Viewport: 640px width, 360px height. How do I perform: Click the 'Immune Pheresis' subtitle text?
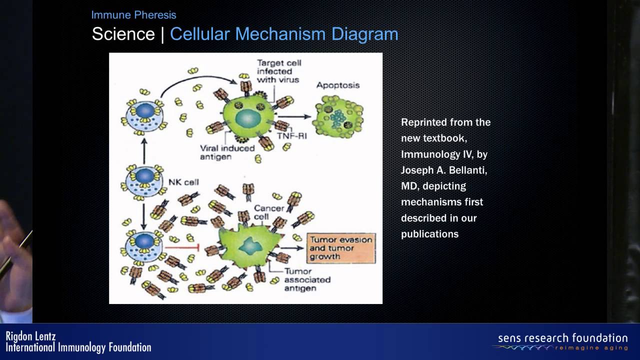tap(133, 15)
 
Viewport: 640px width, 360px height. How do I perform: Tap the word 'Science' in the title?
tap(123, 34)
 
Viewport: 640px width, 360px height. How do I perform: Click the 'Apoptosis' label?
tap(337, 85)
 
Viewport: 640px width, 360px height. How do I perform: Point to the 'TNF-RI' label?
tap(292, 136)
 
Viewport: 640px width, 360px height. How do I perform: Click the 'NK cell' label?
tap(183, 182)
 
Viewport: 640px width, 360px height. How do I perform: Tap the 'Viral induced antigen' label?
tap(227, 152)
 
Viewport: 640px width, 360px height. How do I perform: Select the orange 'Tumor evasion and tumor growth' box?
tap(341, 248)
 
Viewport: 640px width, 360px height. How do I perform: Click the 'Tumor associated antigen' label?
tap(307, 279)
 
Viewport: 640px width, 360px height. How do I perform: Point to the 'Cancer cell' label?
tap(269, 212)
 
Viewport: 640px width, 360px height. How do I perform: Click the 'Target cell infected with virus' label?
tap(279, 71)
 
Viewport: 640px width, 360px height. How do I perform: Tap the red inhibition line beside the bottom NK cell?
tap(181, 247)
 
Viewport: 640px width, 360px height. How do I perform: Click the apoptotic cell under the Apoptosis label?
tap(338, 116)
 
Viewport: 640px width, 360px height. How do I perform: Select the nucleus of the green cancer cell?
tap(250, 246)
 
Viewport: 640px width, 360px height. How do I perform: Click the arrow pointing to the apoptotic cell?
tap(294, 116)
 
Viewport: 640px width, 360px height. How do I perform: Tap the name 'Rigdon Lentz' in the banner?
tap(30, 336)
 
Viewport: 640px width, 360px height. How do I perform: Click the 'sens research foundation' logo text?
tap(563, 338)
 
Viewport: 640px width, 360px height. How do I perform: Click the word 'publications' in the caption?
tap(429, 234)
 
